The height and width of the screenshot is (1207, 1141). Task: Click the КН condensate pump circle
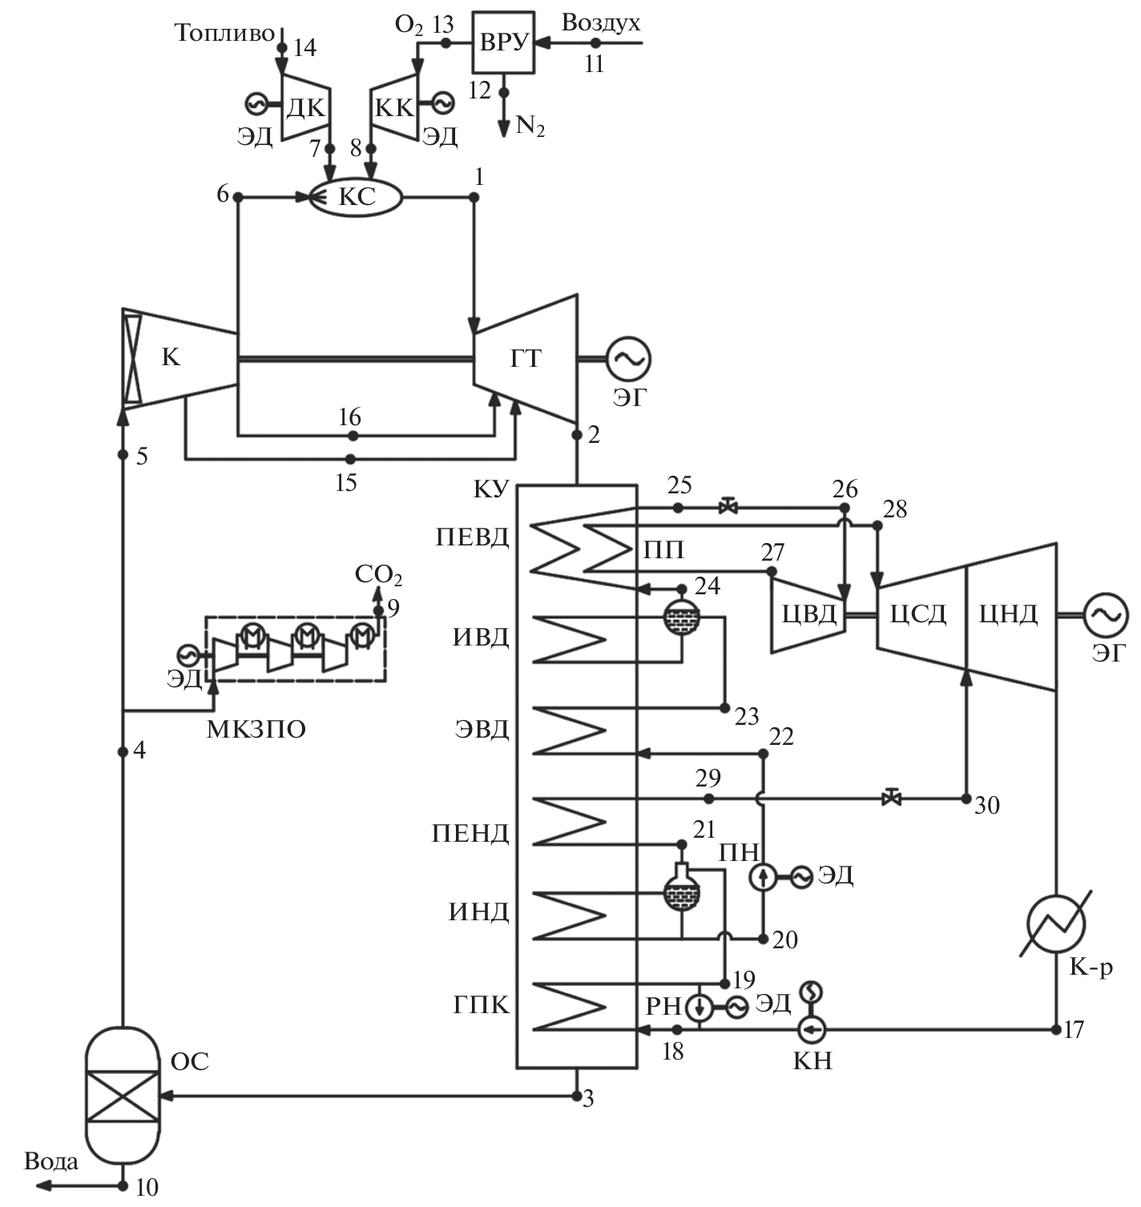tap(812, 1028)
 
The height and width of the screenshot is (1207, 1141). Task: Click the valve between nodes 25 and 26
tap(728, 508)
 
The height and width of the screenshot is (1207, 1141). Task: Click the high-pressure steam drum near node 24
tap(681, 616)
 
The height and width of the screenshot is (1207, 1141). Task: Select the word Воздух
tap(601, 22)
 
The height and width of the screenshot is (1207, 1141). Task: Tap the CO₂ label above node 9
tap(378, 575)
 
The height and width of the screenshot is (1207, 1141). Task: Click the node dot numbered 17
tap(1057, 1028)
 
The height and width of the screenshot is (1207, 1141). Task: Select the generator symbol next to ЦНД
tap(1106, 615)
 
